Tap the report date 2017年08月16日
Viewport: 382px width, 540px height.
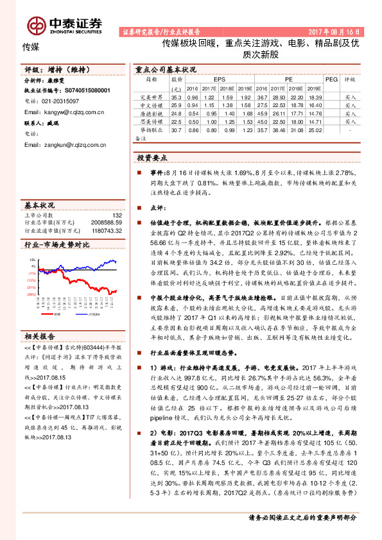(338, 31)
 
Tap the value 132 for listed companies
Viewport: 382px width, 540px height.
(116, 215)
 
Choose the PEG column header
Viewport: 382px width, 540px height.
(331, 80)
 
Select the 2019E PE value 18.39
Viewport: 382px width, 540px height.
(315, 96)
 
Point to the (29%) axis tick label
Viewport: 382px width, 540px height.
(30, 294)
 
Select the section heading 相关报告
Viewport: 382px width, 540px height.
(40, 335)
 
